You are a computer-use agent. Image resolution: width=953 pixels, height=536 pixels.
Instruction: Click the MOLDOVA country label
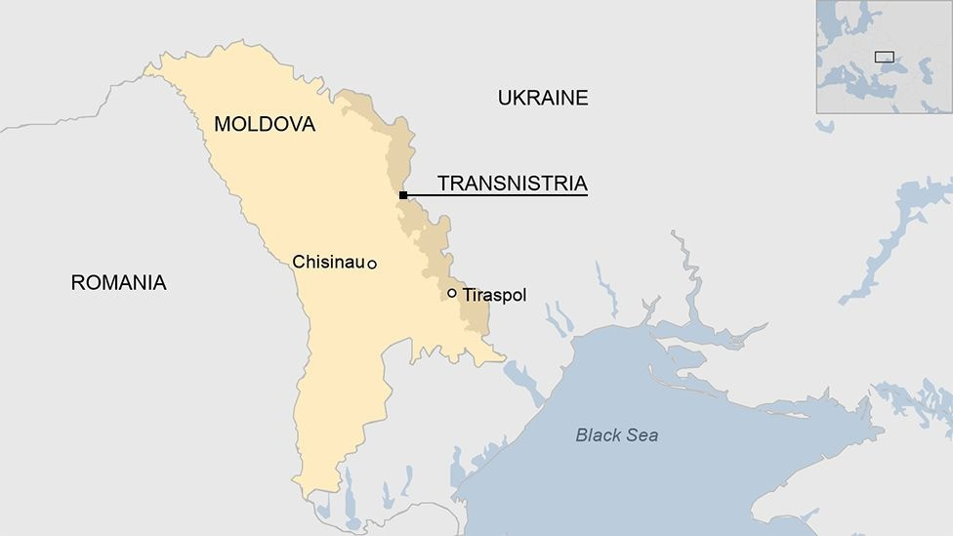[x=265, y=124]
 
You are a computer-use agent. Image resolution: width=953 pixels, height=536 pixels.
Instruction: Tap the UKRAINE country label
[x=543, y=98]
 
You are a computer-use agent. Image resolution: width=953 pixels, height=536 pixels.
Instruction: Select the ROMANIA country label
[x=118, y=283]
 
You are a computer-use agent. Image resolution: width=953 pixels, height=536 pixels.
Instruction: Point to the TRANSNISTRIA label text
[x=512, y=183]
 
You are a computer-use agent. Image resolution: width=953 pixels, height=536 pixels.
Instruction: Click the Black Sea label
[x=616, y=435]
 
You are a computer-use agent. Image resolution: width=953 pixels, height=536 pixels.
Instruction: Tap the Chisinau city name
[x=328, y=262]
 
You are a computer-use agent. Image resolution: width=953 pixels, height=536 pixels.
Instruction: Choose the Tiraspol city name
[x=494, y=294]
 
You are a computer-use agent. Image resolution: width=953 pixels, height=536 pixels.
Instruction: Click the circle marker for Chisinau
[x=372, y=264]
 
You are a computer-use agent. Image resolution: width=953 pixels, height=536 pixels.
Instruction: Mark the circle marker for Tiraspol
[x=452, y=293]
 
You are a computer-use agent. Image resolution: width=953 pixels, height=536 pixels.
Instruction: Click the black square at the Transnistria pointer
[x=402, y=195]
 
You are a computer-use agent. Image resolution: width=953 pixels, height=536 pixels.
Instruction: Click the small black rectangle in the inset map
[x=884, y=57]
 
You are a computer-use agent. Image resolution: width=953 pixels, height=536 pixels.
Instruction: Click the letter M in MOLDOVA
[x=222, y=124]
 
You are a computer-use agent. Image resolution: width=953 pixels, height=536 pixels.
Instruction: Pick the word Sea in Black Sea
[x=642, y=435]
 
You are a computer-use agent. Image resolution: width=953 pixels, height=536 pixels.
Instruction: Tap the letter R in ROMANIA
[x=77, y=283]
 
